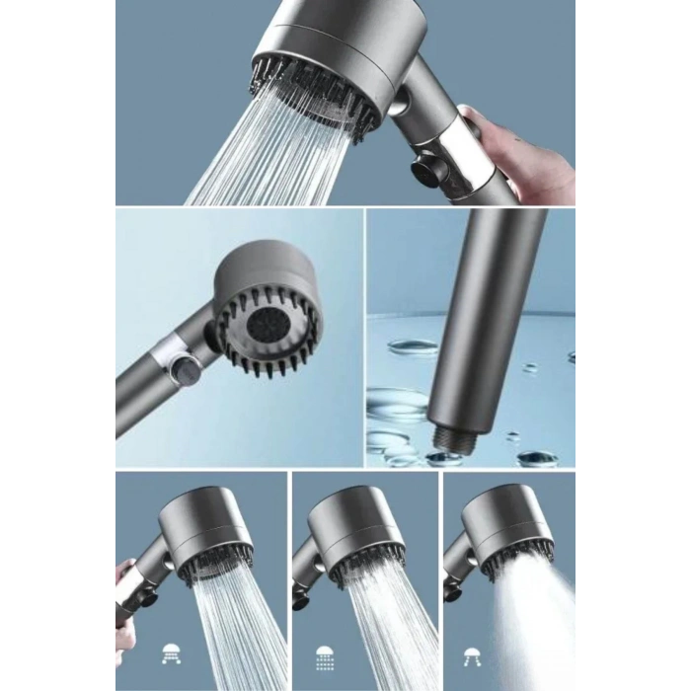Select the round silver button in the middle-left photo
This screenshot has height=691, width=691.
coord(182,370)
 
